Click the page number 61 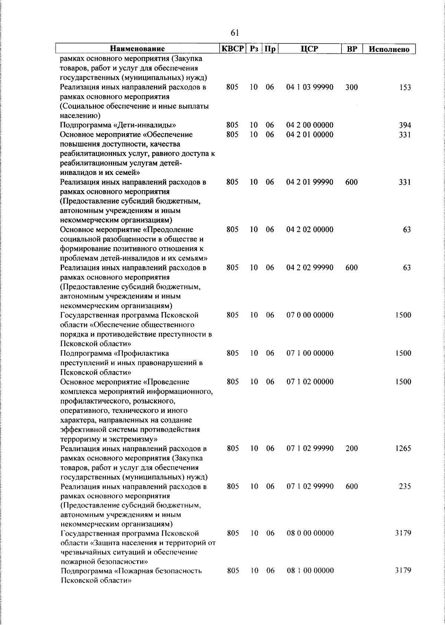(234, 33)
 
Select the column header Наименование (137, 49)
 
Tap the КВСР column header (233, 49)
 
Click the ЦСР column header (310, 49)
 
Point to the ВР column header (352, 49)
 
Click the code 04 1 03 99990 (310, 87)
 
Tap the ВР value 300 (352, 87)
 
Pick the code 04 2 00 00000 (310, 125)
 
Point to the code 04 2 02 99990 (310, 268)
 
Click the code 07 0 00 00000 (310, 315)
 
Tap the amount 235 (405, 486)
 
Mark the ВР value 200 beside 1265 (352, 449)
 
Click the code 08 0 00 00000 (310, 533)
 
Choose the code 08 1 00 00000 (310, 571)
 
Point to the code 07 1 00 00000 (310, 353)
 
